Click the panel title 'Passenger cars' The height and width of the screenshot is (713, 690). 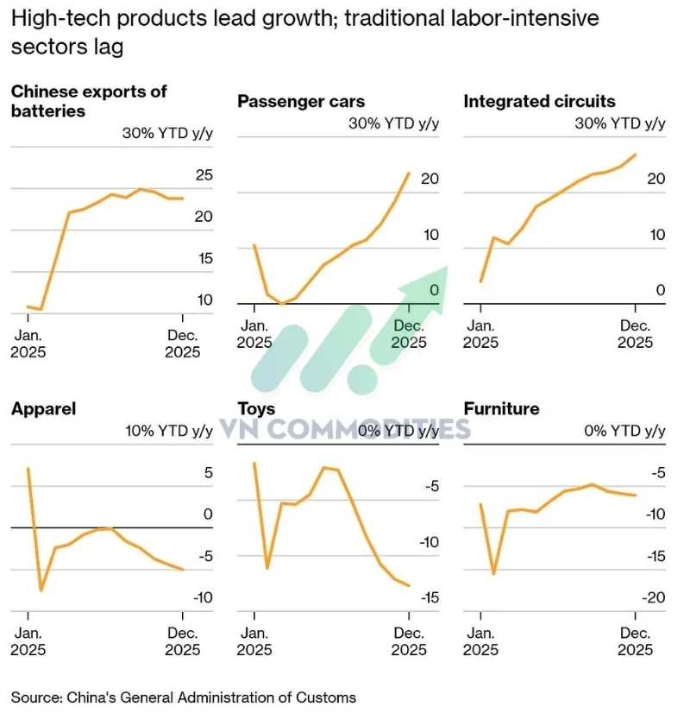pos(301,102)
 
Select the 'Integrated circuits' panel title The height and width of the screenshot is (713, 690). pos(539,102)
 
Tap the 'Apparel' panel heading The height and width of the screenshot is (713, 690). pos(43,408)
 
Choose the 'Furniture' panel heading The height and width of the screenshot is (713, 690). pos(501,408)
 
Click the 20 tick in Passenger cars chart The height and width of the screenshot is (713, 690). pos(430,180)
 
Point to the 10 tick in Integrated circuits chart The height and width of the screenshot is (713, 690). pos(656,235)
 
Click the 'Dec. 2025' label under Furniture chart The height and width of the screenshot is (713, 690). pos(635,641)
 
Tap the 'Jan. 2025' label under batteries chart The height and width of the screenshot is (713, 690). pos(28,344)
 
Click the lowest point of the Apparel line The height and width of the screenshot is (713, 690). pos(41,590)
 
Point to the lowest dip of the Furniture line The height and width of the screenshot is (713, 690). pos(493,573)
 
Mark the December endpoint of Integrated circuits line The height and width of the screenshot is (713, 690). pos(636,155)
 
